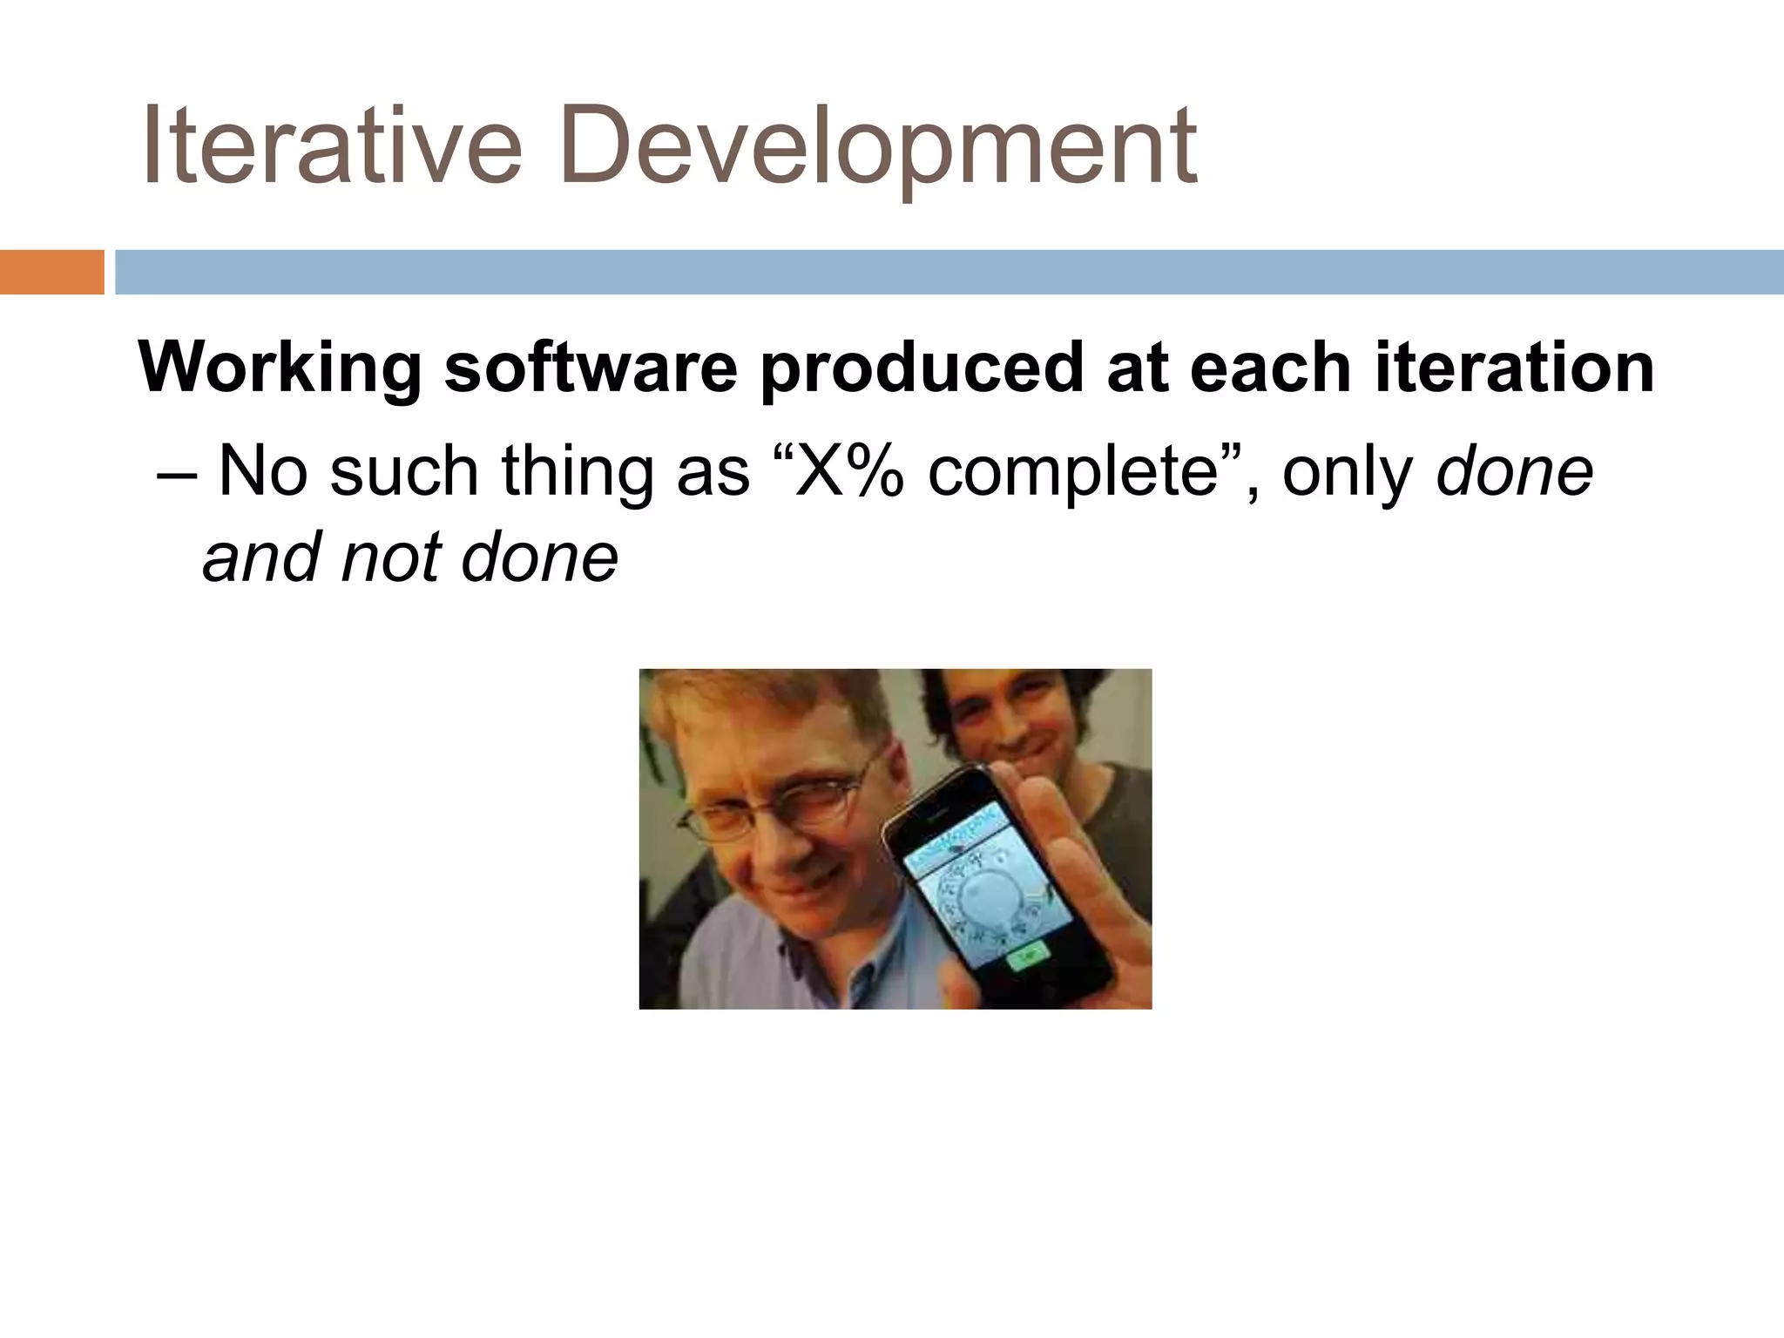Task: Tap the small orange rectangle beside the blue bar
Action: (51, 272)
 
